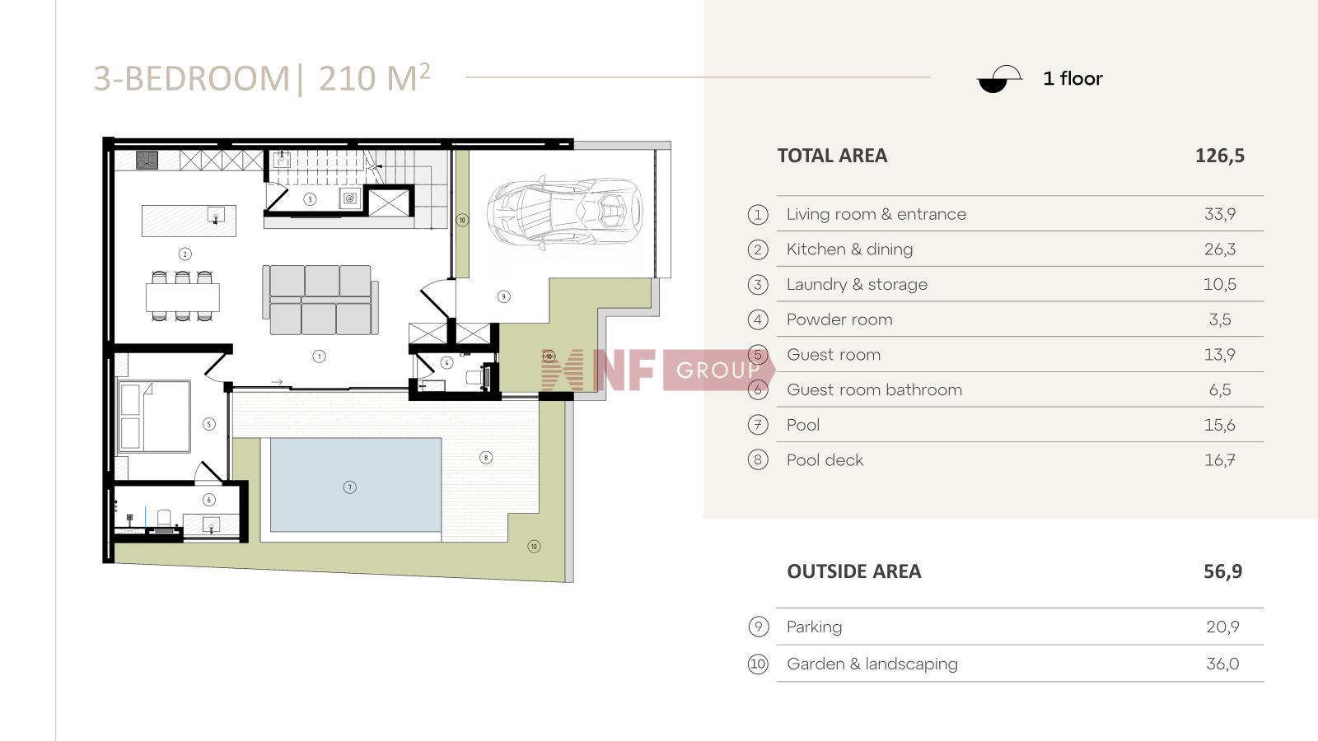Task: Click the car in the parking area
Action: pos(565,210)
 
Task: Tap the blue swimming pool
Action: pos(355,485)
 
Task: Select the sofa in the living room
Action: pos(320,300)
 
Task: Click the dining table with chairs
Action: pos(182,296)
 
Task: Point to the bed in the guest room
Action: pos(154,417)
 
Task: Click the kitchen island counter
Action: pos(189,221)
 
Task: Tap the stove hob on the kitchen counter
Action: pos(147,160)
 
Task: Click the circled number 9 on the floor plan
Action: pos(503,296)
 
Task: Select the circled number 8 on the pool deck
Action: pos(485,457)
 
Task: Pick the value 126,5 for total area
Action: pos(1220,156)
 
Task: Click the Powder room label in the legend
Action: pos(839,319)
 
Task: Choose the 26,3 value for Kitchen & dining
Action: pos(1220,249)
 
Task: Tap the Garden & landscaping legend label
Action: pos(872,664)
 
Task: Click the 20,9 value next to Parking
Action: pos(1222,627)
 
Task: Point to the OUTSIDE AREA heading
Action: pos(853,571)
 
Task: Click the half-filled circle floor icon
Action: pos(999,79)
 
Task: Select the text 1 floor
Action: pos(1073,79)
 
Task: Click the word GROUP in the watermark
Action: pos(717,370)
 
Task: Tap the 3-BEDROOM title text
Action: pos(192,79)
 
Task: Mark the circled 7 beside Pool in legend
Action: pos(758,425)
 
